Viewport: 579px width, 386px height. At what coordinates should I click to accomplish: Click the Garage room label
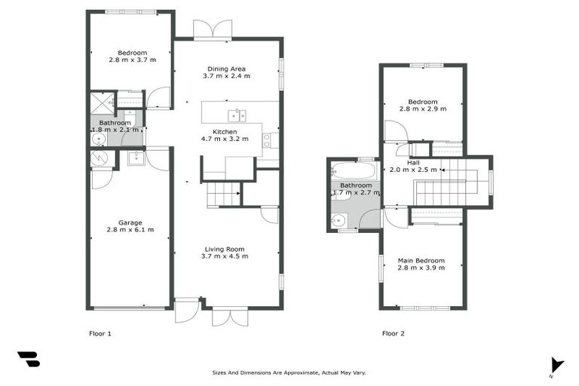tap(129, 222)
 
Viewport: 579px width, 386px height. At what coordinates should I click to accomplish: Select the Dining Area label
tap(226, 69)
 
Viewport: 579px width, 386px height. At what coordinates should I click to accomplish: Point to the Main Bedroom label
tap(421, 261)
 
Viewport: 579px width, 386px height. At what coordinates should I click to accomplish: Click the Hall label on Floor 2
tap(413, 162)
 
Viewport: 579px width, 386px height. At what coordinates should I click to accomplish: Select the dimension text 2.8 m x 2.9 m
tap(422, 109)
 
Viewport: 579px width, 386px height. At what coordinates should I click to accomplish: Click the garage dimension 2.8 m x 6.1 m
tap(129, 229)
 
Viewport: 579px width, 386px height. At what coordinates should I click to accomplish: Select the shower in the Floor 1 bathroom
tap(101, 102)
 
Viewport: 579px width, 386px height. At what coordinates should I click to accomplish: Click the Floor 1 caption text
tap(100, 332)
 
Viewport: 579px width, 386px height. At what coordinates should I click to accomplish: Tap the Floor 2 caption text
tap(393, 332)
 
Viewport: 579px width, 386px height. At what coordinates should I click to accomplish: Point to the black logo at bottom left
tap(28, 359)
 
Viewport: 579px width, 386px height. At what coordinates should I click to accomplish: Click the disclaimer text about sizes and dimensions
tap(289, 372)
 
